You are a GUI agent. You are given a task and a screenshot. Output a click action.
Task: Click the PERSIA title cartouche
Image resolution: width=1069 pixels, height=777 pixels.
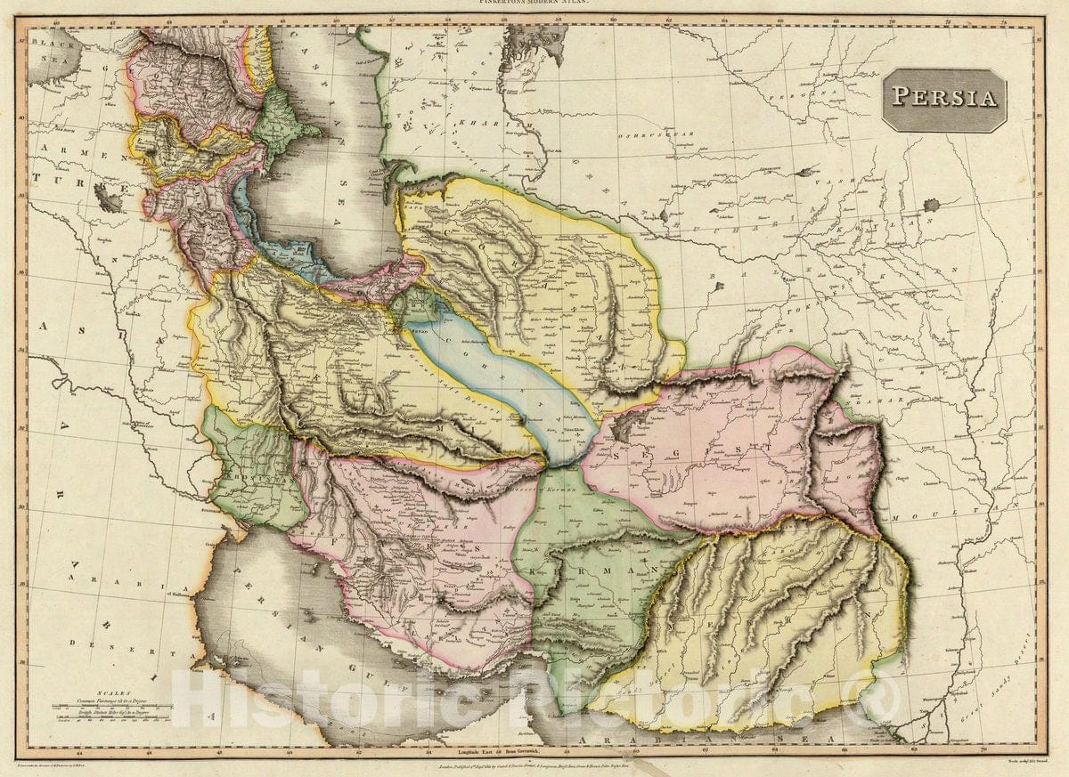[x=944, y=99]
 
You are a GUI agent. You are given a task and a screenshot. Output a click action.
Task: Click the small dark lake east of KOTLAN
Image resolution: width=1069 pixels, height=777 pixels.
[x=932, y=205]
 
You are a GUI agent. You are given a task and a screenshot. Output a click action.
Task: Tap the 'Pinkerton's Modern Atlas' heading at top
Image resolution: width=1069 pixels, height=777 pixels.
[x=534, y=4]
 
